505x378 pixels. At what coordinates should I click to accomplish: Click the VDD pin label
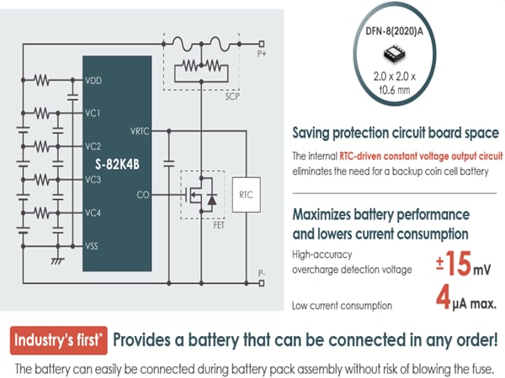93,81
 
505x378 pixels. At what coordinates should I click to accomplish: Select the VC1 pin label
93,113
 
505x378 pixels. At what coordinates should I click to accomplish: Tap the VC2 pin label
93,145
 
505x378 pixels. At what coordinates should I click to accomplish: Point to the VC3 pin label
93,179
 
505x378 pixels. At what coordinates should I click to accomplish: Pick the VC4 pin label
93,212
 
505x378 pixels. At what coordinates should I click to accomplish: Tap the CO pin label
144,195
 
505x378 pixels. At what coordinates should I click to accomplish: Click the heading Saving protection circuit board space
395,134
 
